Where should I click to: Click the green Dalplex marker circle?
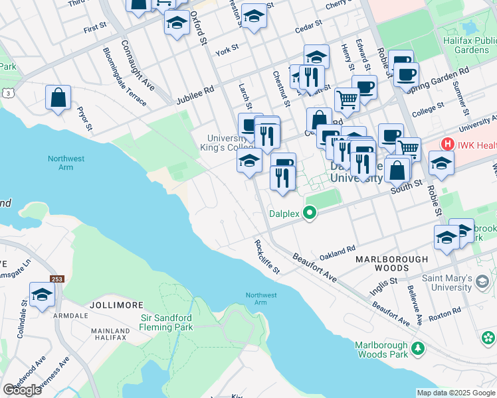(x=309, y=214)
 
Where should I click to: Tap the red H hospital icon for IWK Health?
(x=448, y=143)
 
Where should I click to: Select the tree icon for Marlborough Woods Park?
(x=418, y=348)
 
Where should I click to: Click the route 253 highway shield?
(x=56, y=279)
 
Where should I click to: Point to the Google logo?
(x=22, y=389)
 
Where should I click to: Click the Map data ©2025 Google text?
(x=455, y=393)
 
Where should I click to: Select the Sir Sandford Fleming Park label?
(x=176, y=322)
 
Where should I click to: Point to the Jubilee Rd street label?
(x=195, y=95)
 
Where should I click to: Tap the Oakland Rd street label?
(x=338, y=252)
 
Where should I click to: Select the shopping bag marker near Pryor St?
(x=58, y=98)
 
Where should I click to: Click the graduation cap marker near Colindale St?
(x=42, y=294)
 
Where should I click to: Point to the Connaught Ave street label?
(x=138, y=66)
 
